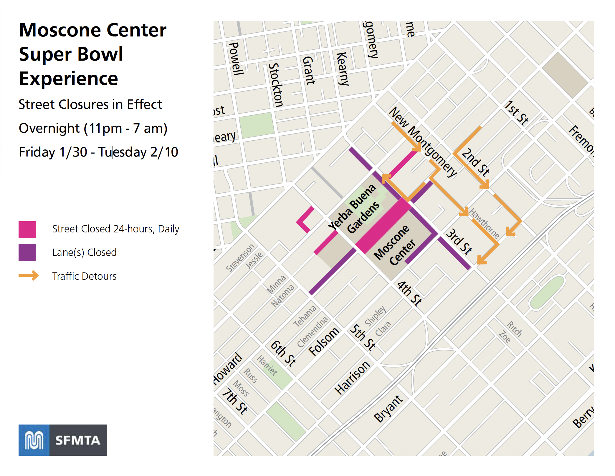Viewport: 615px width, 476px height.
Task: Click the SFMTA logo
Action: [62, 440]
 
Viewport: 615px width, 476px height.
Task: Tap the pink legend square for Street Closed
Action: [27, 229]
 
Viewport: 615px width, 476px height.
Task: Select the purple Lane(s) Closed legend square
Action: [27, 252]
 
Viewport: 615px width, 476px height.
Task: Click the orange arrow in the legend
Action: [29, 276]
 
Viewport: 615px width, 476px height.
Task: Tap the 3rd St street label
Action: [459, 242]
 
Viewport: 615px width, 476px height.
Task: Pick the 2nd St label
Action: [475, 162]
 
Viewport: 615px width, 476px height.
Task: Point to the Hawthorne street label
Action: [484, 224]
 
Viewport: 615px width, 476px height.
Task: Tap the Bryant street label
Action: [388, 408]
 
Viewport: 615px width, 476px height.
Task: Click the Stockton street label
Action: [276, 85]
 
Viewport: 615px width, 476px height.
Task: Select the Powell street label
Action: [236, 59]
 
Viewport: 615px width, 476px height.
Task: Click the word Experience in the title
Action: [68, 79]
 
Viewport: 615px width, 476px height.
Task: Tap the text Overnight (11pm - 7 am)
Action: [93, 128]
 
